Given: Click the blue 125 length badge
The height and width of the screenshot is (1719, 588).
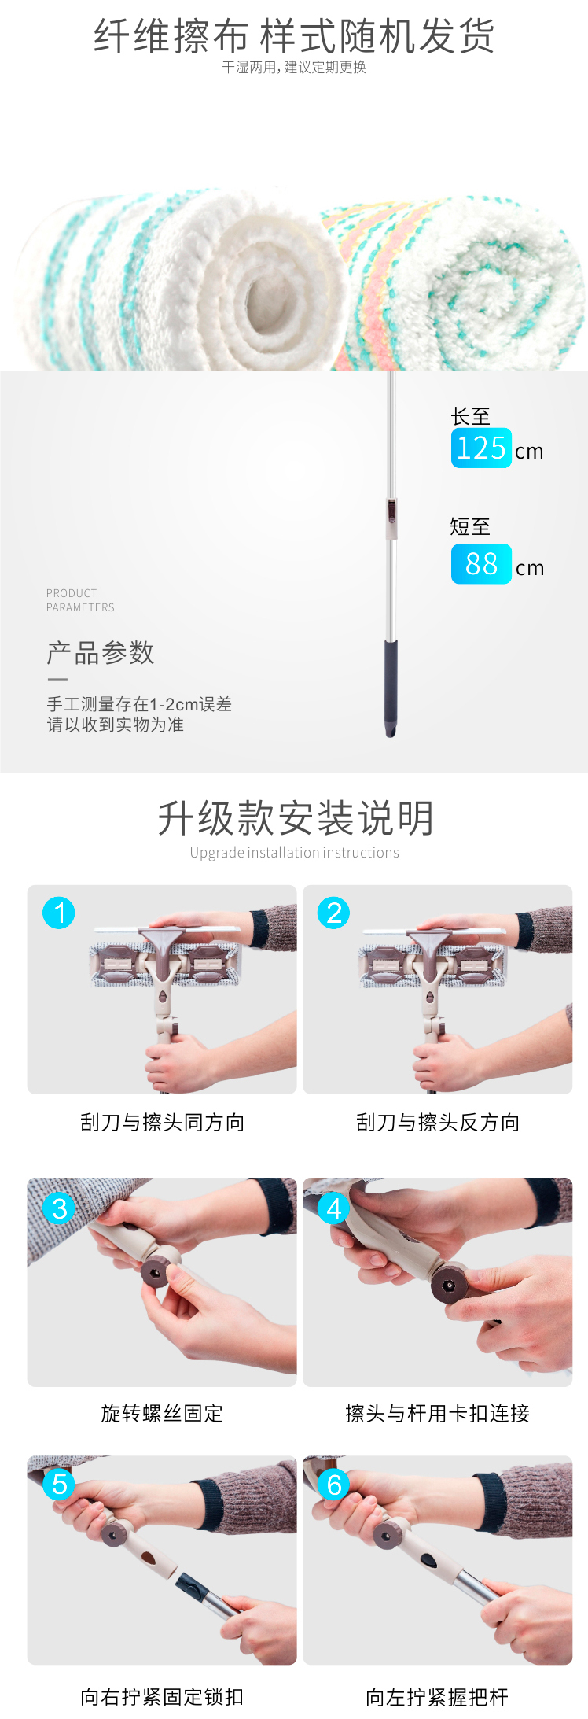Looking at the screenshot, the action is (x=481, y=448).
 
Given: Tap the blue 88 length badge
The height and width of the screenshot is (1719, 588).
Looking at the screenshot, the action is (x=481, y=564).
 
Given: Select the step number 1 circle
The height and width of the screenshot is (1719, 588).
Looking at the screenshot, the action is (x=59, y=913).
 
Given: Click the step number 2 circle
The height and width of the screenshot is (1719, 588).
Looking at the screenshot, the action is (x=333, y=913).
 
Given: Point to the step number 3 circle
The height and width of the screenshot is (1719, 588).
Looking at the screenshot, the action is (x=59, y=1208).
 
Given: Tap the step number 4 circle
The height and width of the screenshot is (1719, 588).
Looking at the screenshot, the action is (x=333, y=1208).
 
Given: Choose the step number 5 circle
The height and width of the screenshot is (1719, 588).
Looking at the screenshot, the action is (x=59, y=1485).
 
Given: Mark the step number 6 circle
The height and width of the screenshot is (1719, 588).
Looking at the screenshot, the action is (x=333, y=1485).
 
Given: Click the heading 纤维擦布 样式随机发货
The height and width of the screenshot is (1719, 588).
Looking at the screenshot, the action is (x=294, y=36).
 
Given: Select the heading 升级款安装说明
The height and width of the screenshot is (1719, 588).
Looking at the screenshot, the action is (x=295, y=818).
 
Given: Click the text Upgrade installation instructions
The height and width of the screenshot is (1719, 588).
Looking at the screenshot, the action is (x=294, y=853).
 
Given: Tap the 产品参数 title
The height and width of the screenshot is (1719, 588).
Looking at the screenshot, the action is (x=101, y=653).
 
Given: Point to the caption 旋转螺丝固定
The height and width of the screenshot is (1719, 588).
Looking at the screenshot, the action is (x=162, y=1414).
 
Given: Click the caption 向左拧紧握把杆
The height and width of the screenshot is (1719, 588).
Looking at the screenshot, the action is (x=437, y=1697).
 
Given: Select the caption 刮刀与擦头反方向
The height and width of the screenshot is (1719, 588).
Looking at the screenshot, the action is (x=438, y=1123).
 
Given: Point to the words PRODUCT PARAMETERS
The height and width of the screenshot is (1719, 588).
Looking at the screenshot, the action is (x=80, y=600).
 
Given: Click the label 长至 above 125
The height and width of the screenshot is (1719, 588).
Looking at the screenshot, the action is (x=470, y=416).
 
